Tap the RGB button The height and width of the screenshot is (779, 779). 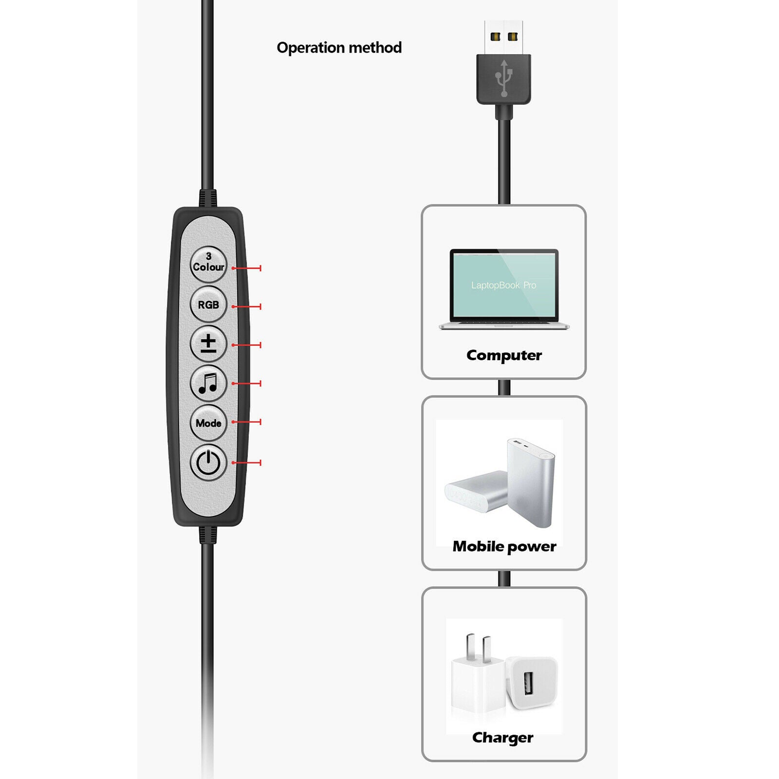[x=208, y=304]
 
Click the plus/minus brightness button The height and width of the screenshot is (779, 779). [x=208, y=344]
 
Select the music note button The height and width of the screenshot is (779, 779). [x=208, y=383]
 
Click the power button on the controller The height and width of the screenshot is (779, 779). [x=208, y=462]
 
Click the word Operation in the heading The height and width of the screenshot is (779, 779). [x=311, y=48]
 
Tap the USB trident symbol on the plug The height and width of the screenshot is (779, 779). [x=504, y=78]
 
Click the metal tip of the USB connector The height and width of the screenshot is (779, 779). [x=504, y=37]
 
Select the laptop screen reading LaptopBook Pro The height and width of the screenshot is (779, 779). [x=504, y=284]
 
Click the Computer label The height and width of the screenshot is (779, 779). [x=504, y=355]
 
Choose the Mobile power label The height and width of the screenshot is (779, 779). [x=504, y=546]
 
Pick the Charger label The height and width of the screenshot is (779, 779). [x=503, y=738]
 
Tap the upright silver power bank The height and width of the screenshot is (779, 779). [x=531, y=482]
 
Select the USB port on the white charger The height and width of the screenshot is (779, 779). [x=529, y=684]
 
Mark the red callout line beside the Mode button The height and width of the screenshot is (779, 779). [x=246, y=422]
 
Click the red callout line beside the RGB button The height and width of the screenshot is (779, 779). [x=246, y=306]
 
